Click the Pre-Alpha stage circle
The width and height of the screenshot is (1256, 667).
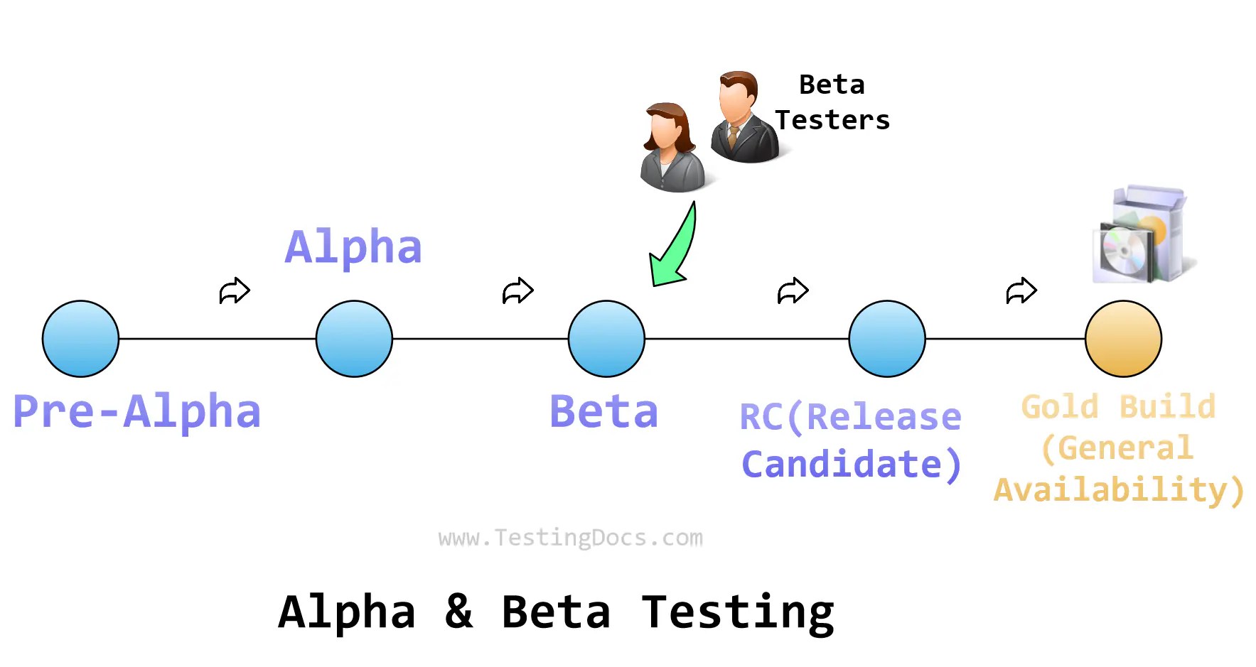80,339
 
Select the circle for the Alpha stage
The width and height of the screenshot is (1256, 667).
354,339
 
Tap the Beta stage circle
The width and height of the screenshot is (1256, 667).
606,339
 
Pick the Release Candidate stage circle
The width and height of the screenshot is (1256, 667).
887,339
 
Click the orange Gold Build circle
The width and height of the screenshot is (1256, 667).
1123,339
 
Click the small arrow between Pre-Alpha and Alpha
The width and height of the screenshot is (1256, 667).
235,291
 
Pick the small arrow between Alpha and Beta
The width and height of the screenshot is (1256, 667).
517,291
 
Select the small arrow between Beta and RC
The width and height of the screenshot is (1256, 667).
793,291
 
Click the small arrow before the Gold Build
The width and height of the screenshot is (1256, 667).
1021,291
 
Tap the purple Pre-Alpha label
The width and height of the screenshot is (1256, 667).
137,411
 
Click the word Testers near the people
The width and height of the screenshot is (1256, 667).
832,120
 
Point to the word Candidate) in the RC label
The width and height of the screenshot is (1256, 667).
852,465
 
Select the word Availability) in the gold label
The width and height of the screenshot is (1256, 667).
1118,490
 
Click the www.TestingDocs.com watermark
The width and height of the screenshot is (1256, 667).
571,538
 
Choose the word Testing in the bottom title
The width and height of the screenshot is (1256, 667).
738,612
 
